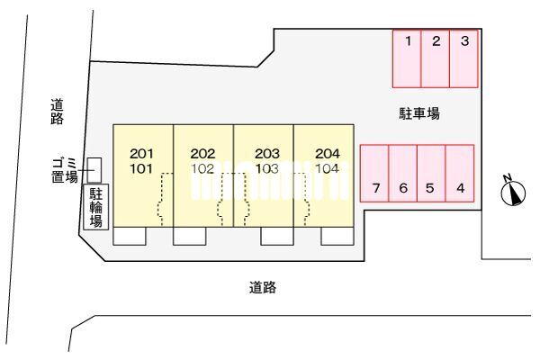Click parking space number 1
click(407, 58)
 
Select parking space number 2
click(436, 58)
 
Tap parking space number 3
click(463, 58)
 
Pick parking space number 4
click(460, 173)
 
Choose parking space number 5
click(431, 173)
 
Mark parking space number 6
click(403, 173)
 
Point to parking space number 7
click(374, 173)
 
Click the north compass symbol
click(513, 192)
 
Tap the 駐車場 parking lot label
click(419, 113)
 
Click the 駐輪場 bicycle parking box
click(96, 207)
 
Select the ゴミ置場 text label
click(65, 170)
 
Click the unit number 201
click(141, 153)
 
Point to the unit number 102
click(202, 168)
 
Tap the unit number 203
click(267, 153)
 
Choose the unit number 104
click(328, 168)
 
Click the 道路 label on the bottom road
click(263, 287)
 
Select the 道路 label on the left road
click(58, 112)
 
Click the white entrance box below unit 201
click(130, 236)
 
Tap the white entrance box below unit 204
click(337, 236)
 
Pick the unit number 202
click(202, 153)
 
